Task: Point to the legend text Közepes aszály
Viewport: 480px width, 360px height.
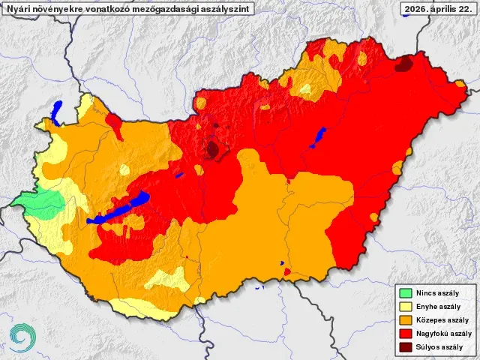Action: (x=443, y=320)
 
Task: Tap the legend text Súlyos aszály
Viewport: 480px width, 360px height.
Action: (x=441, y=347)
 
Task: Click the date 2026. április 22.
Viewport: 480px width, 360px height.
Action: (x=438, y=8)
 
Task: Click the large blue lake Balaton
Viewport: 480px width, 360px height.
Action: (x=120, y=211)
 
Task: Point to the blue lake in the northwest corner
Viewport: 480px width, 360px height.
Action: (x=57, y=112)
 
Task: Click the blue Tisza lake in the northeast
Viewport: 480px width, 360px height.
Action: (x=318, y=136)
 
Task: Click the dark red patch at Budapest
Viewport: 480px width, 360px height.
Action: (x=214, y=149)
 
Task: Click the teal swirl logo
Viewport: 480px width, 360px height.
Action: (x=22, y=337)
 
